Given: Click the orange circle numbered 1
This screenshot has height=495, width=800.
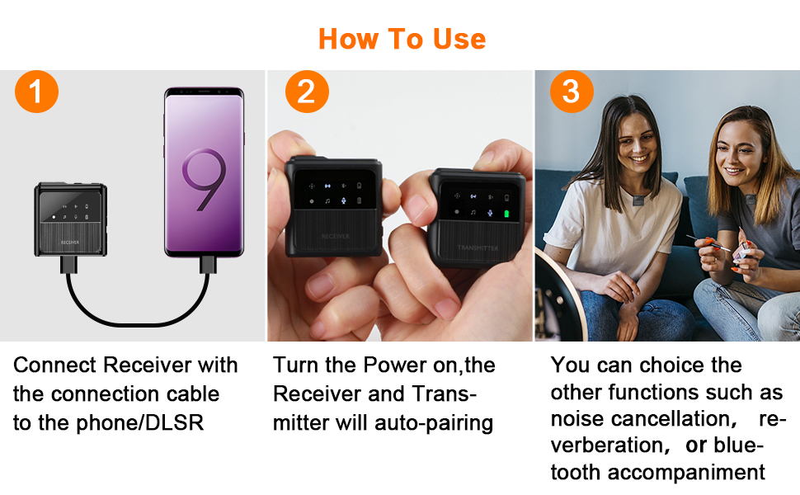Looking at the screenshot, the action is (x=37, y=92).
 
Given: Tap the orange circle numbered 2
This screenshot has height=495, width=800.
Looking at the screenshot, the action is (x=307, y=92).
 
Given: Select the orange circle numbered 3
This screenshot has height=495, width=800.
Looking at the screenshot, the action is (x=572, y=92).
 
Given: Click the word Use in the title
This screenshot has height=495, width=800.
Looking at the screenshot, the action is (x=459, y=39).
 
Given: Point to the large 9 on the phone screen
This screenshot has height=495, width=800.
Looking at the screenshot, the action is (x=204, y=178).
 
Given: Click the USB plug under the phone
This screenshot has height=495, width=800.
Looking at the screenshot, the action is (x=208, y=265).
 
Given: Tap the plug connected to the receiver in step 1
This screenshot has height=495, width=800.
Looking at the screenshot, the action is (x=69, y=265).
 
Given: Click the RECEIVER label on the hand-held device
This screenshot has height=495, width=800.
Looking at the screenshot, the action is (x=335, y=236).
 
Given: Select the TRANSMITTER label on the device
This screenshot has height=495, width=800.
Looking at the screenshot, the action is (x=478, y=247).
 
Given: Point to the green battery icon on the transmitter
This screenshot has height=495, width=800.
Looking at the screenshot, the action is (x=506, y=214).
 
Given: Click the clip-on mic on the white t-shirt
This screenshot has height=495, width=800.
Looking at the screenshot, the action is (x=638, y=200).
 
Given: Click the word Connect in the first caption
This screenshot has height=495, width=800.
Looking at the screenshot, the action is (x=54, y=365).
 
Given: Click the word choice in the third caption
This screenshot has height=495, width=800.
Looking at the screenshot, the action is (x=673, y=365).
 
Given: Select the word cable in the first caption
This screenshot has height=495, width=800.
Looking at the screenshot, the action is (x=196, y=394).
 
